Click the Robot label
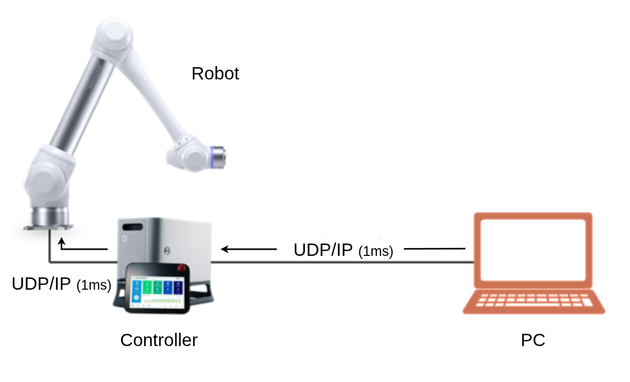click(215, 74)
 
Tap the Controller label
click(158, 340)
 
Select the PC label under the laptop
click(533, 340)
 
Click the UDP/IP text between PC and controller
click(323, 250)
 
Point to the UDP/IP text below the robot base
click(41, 284)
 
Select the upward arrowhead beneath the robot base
click(62, 240)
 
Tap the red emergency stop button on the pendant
click(181, 268)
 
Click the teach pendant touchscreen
click(156, 290)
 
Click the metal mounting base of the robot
click(49, 219)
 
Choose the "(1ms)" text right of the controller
click(376, 252)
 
